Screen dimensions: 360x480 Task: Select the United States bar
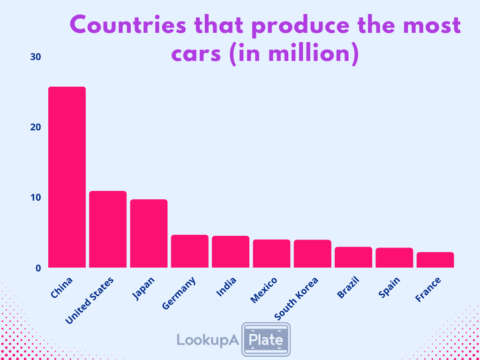click(x=108, y=229)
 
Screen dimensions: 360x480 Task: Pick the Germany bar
click(x=189, y=251)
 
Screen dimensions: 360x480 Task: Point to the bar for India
click(x=231, y=252)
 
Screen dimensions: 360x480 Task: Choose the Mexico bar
click(x=271, y=254)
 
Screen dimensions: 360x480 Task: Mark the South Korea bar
click(x=313, y=254)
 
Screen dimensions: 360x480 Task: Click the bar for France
click(x=435, y=260)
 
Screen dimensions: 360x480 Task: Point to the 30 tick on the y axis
click(x=36, y=57)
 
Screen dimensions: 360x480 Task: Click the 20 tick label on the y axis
click(x=36, y=127)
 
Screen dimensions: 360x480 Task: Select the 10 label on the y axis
click(x=36, y=197)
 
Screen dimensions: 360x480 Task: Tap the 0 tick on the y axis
click(x=38, y=268)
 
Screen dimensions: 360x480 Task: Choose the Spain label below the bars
click(x=389, y=287)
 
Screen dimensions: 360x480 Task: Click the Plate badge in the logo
click(x=265, y=338)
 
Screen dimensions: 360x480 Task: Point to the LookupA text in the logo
click(x=208, y=339)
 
